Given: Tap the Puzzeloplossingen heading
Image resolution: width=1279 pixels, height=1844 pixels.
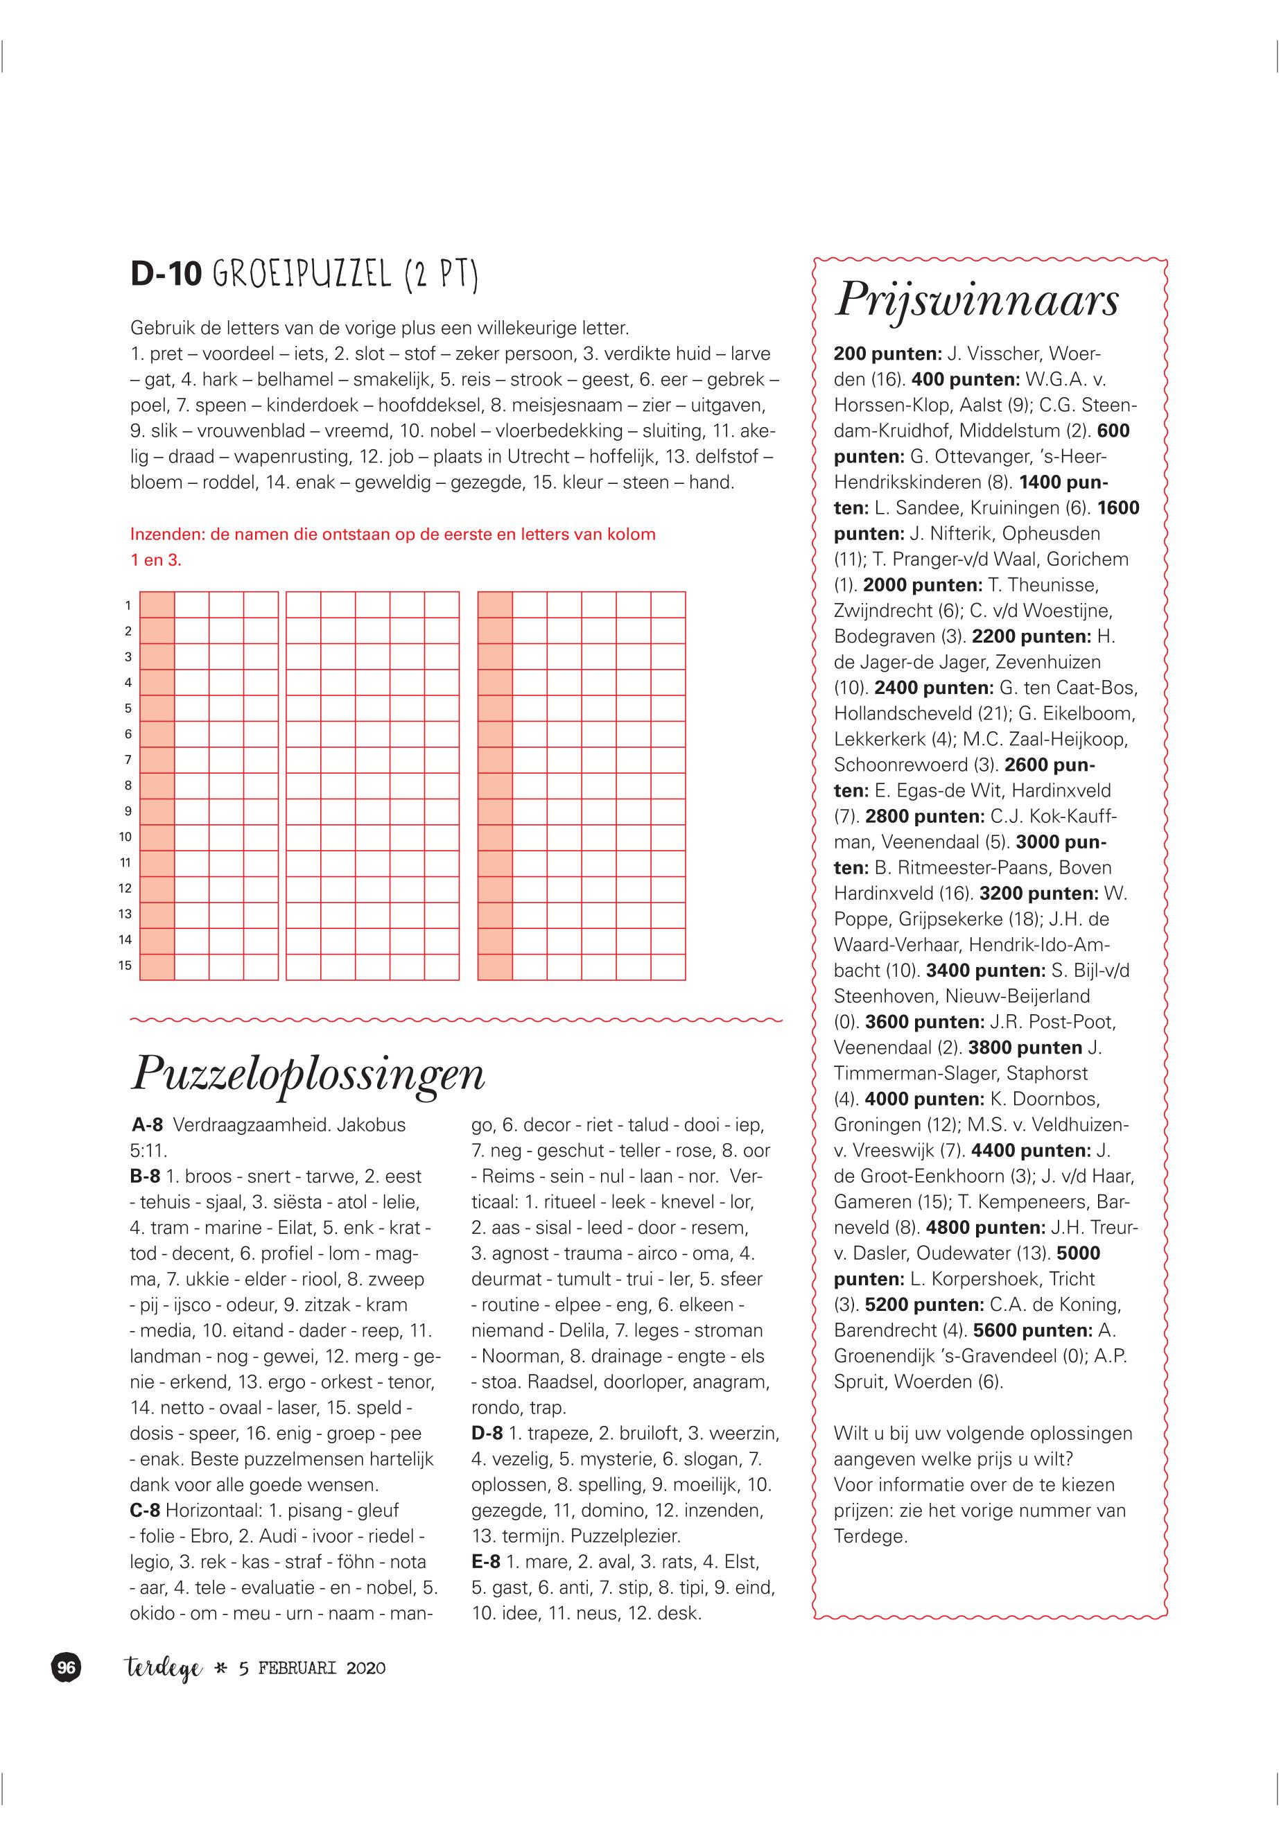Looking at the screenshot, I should point(308,1073).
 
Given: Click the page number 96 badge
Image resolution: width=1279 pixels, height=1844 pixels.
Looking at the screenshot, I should point(67,1669).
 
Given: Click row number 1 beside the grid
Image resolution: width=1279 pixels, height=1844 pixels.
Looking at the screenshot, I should point(128,606).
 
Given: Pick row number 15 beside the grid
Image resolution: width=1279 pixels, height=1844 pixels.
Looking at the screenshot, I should point(125,966).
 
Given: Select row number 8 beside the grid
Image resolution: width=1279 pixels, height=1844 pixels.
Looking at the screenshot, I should point(128,786).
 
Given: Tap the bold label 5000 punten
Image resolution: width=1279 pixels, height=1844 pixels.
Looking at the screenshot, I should point(1079,1253).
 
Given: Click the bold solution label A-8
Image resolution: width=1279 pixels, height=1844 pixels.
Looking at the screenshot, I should point(148,1125).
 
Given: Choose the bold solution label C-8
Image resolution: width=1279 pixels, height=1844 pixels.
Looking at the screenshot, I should point(145,1511).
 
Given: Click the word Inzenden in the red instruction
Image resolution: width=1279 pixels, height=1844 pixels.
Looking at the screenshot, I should point(169,534).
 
